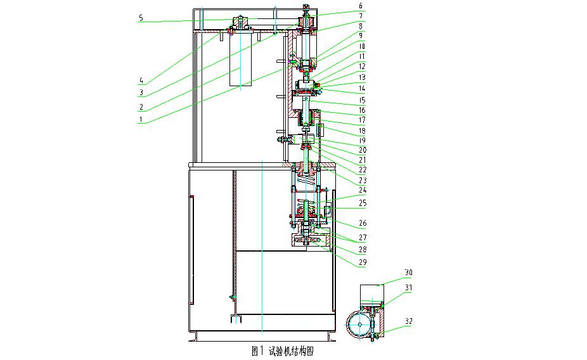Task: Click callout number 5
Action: pyautogui.click(x=141, y=18)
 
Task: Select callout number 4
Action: pyautogui.click(x=141, y=80)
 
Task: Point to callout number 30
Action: pyautogui.click(x=409, y=273)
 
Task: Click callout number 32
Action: pyautogui.click(x=409, y=322)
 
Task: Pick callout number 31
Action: pyautogui.click(x=409, y=288)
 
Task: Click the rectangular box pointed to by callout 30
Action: pyautogui.click(x=377, y=293)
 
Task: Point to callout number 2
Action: pyautogui.click(x=141, y=106)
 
